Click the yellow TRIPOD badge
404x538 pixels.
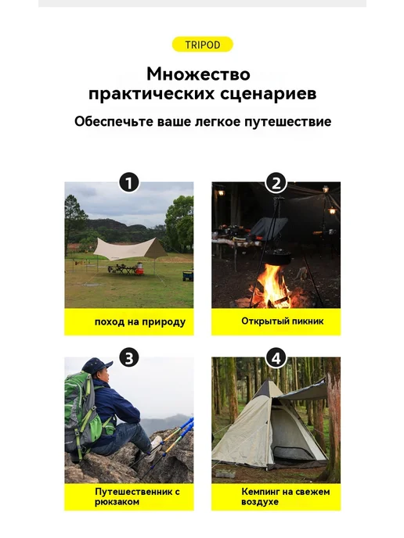pyautogui.click(x=202, y=45)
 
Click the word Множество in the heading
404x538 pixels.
pyautogui.click(x=198, y=74)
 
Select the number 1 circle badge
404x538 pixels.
pyautogui.click(x=129, y=182)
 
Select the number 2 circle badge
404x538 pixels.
pyautogui.click(x=276, y=182)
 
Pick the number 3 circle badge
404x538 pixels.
pyautogui.click(x=129, y=358)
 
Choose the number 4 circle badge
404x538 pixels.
pyautogui.click(x=276, y=358)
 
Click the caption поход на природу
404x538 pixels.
pyautogui.click(x=140, y=322)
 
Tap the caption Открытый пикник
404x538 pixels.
pyautogui.click(x=283, y=321)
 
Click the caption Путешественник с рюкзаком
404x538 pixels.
pyautogui.click(x=138, y=497)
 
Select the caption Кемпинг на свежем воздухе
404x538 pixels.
pyautogui.click(x=286, y=497)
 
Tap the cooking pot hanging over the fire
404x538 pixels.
pyautogui.click(x=278, y=256)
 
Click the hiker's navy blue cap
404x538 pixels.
pyautogui.click(x=97, y=364)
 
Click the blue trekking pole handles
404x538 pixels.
pyautogui.click(x=188, y=425)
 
